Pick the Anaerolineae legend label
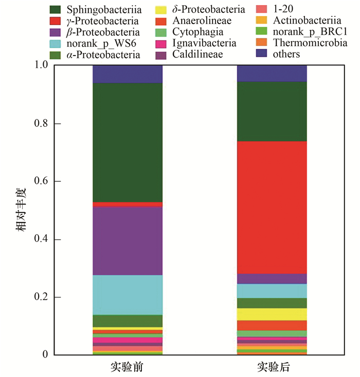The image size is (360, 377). pos(202,21)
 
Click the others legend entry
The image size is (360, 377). pos(287,54)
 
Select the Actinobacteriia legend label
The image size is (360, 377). pos(307,21)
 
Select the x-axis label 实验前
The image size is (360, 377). pos(127,368)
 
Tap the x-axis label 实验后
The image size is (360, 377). pos(272,368)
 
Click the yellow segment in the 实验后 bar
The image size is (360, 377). pos(272,314)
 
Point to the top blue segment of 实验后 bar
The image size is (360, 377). pos(272,73)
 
